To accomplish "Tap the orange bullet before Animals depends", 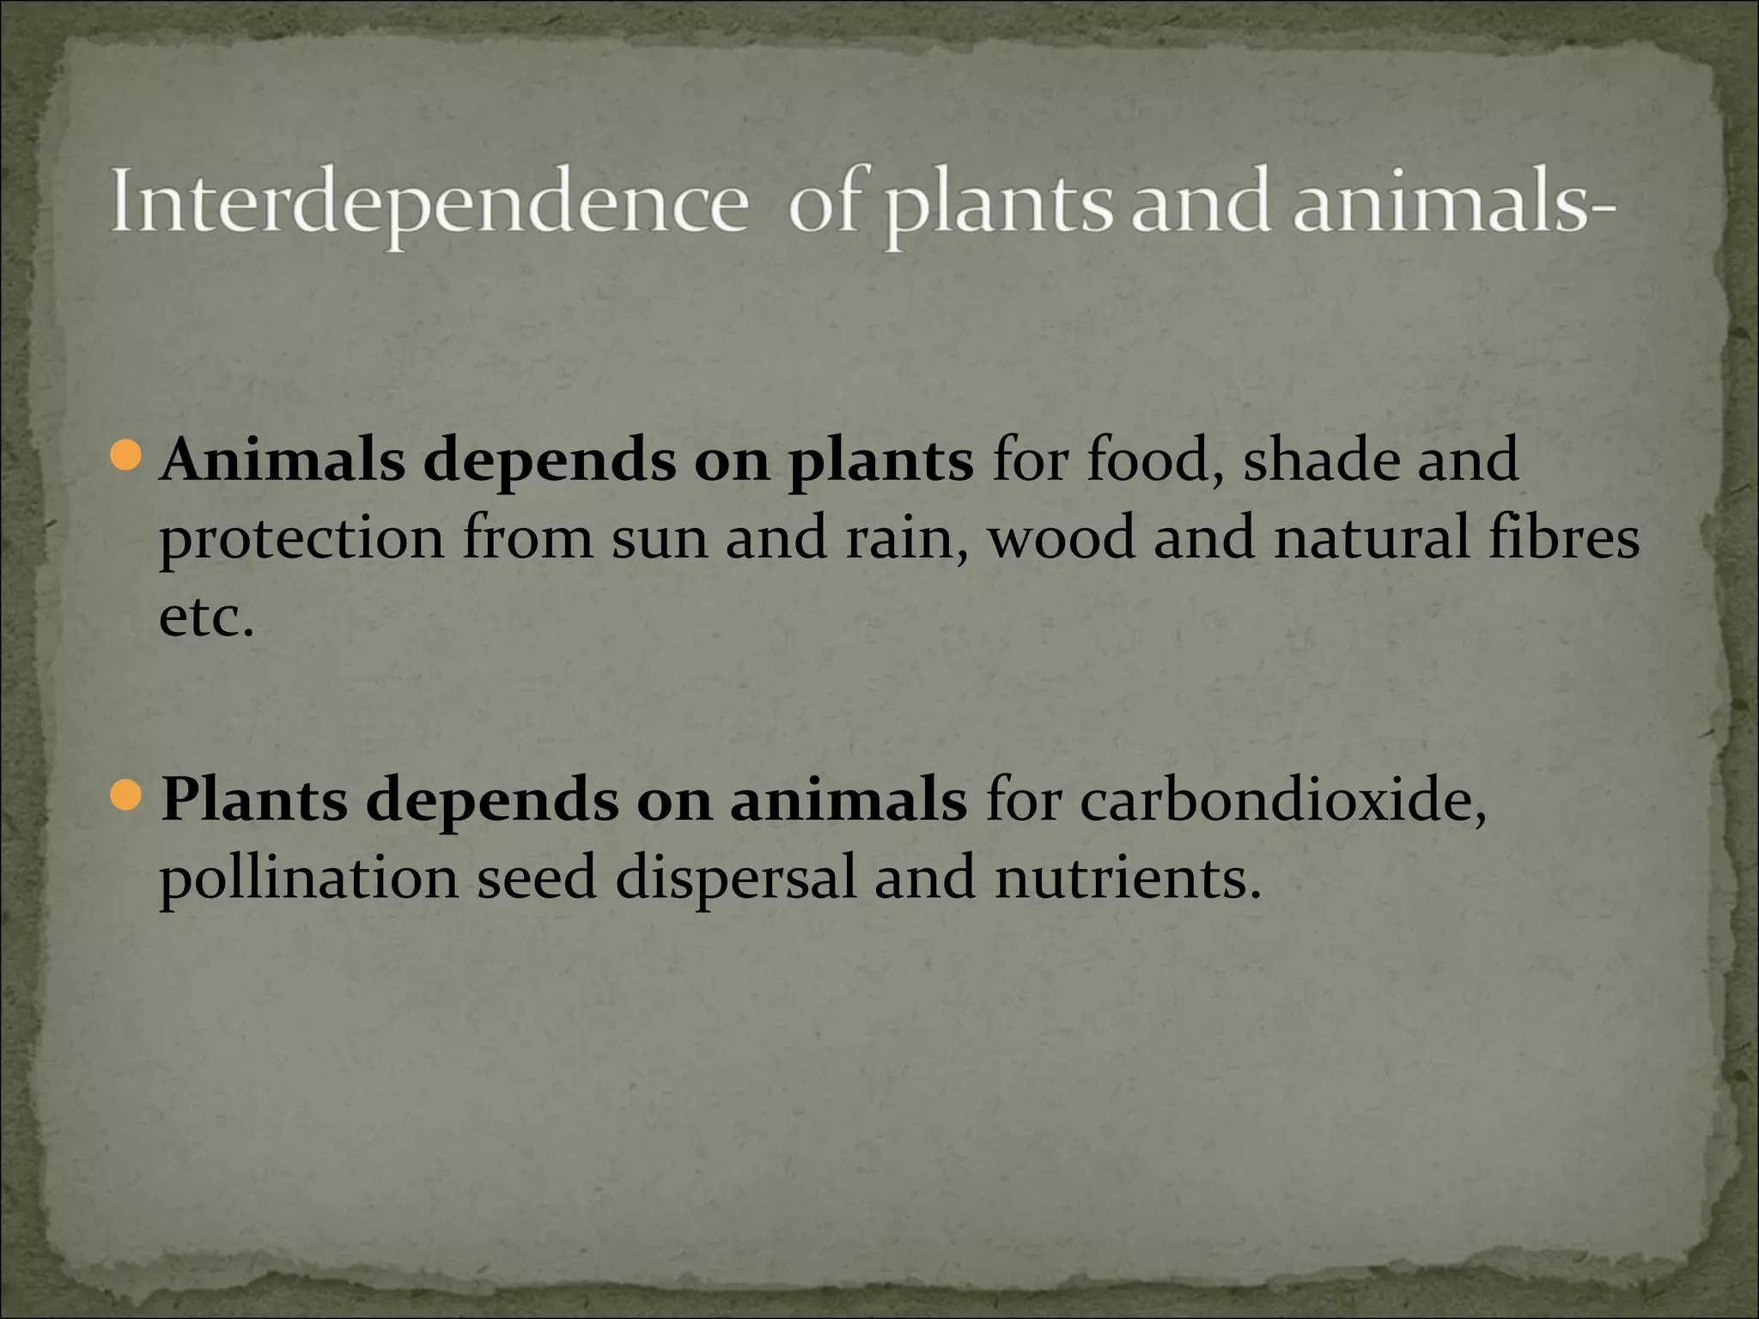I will click(x=125, y=455).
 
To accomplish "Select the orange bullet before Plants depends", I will click(x=125, y=795).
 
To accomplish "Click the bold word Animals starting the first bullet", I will click(x=283, y=460).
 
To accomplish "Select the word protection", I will click(x=301, y=540).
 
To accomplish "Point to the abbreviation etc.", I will click(x=207, y=617).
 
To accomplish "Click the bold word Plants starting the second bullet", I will click(x=254, y=800).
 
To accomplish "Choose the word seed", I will click(x=537, y=878).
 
